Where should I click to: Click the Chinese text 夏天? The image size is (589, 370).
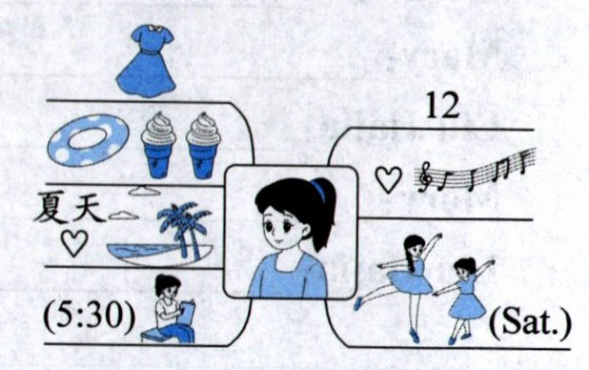point(70,207)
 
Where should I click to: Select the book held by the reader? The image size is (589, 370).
point(187,311)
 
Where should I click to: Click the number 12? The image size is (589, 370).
point(442,106)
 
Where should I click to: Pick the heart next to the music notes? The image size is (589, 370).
point(389,179)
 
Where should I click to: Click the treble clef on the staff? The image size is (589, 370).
point(426,176)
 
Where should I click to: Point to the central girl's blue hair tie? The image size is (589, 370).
point(318,190)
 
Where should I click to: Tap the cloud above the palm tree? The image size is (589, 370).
point(145,191)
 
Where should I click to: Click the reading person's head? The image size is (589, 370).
point(167,286)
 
